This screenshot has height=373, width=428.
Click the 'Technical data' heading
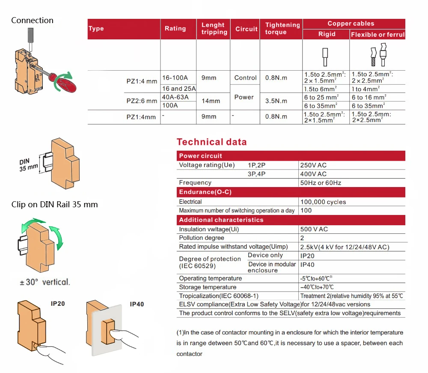point(211,142)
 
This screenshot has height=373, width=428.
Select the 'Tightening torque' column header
point(282,29)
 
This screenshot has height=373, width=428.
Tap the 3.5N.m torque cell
point(276,101)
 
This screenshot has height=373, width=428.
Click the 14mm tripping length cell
point(211,101)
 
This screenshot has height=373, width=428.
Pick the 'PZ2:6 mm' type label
point(142,101)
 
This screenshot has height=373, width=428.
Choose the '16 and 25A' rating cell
point(178,89)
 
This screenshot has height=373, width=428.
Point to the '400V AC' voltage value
point(313,174)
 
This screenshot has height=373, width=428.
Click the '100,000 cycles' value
point(323,202)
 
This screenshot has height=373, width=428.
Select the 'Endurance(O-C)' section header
point(205,192)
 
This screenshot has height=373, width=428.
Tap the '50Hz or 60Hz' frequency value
point(321,183)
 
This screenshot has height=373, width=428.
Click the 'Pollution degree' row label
point(201,238)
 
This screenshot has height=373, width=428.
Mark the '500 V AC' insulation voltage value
point(314,229)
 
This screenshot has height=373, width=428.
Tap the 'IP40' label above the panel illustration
point(137,304)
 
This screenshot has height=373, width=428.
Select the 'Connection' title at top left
point(32,20)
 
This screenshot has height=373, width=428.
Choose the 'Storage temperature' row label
point(207,287)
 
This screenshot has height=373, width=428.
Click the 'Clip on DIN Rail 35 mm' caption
point(54,205)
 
